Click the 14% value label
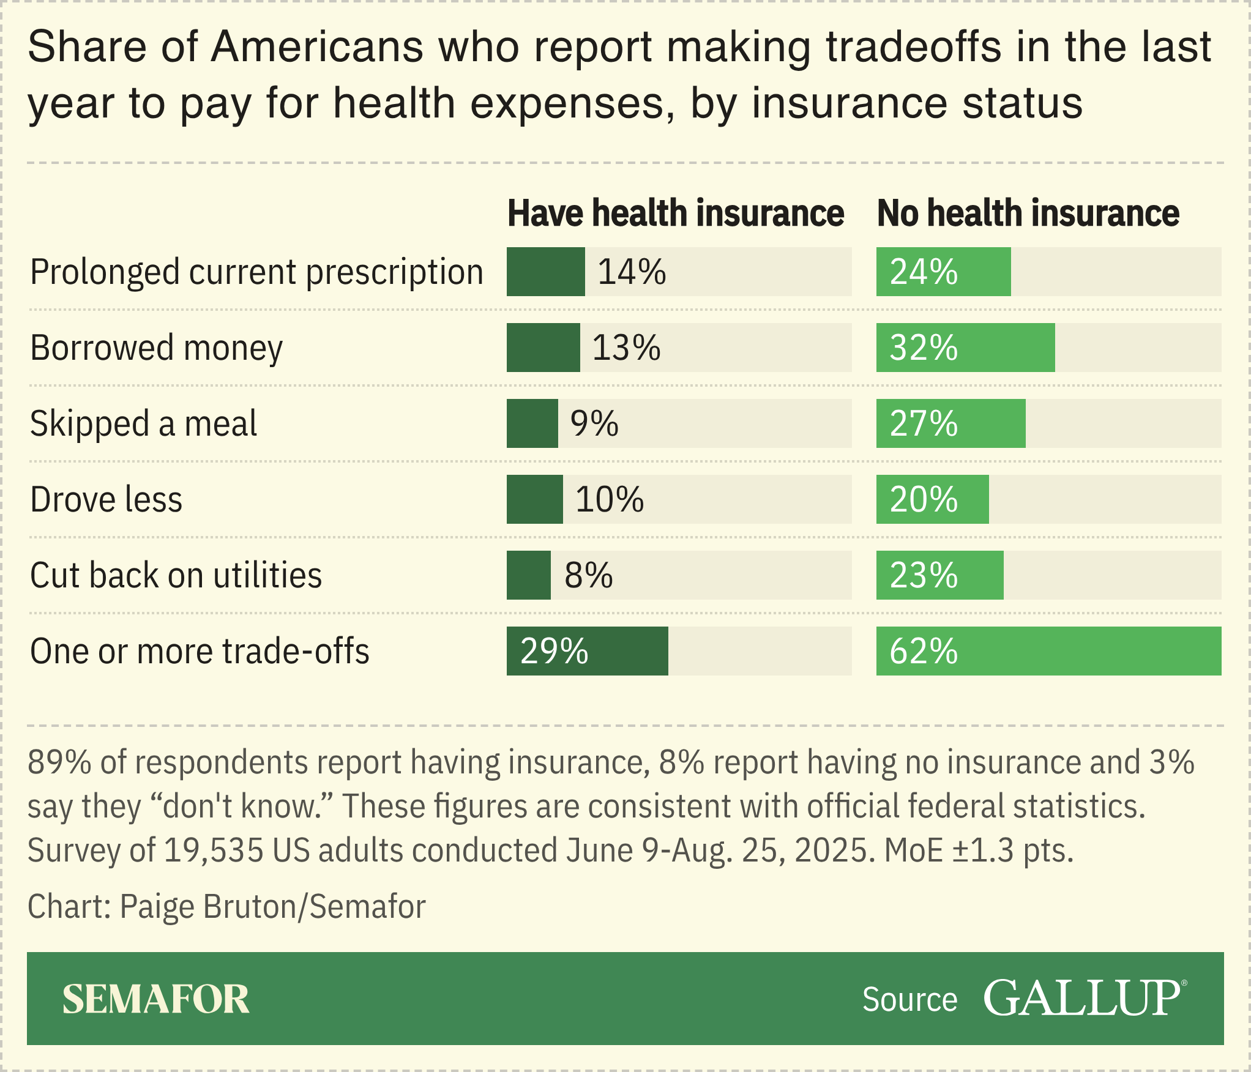(x=632, y=272)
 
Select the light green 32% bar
(x=965, y=348)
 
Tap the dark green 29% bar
(x=587, y=651)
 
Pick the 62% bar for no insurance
(x=1048, y=651)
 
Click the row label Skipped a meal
(x=143, y=423)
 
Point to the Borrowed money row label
(x=156, y=348)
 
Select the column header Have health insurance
(x=676, y=213)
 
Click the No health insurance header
(x=1028, y=213)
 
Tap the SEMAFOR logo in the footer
(x=155, y=999)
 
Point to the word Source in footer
(x=909, y=1000)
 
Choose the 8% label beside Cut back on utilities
(x=588, y=575)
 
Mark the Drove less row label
(x=106, y=499)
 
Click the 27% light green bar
(x=950, y=423)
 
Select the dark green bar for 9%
(x=532, y=423)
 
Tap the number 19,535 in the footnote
(x=214, y=850)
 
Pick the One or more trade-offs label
(x=200, y=651)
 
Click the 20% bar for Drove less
(x=932, y=499)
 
